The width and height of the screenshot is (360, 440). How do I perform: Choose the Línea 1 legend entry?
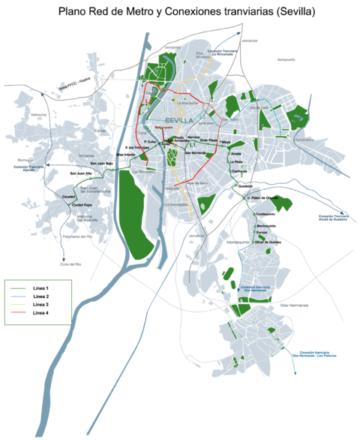pos(40,288)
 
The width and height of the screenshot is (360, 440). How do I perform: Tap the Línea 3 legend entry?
pos(40,305)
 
